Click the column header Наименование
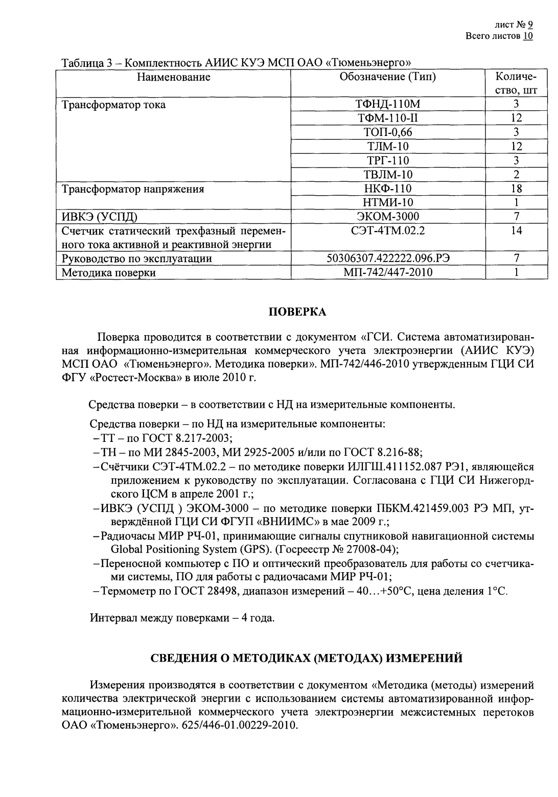[x=173, y=78]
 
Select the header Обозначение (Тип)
[x=388, y=78]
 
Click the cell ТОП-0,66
[x=388, y=132]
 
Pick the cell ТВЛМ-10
[x=388, y=175]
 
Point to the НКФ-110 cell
[x=388, y=189]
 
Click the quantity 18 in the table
[x=516, y=189]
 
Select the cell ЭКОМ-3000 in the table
[x=388, y=217]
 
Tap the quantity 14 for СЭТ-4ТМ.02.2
[x=516, y=231]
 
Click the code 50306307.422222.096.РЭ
[x=388, y=259]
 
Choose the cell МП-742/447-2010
[x=388, y=272]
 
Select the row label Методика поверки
[x=108, y=273]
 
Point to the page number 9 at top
[x=530, y=25]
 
